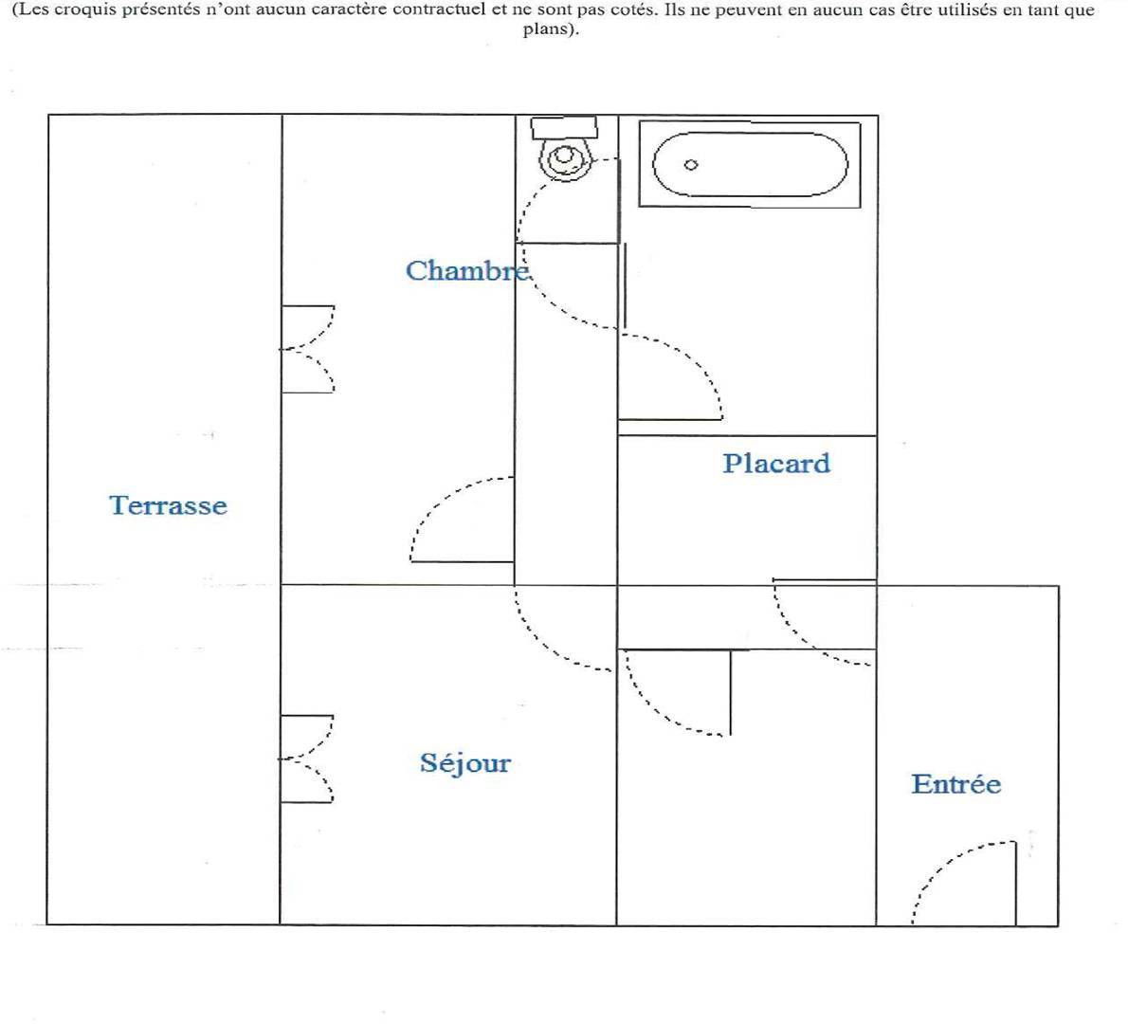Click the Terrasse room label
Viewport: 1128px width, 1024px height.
coord(169,505)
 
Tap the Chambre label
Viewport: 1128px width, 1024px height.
coord(468,270)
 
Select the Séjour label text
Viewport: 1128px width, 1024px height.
coord(465,762)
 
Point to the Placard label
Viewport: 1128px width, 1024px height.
coord(776,463)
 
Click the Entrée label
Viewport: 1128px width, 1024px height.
coord(956,784)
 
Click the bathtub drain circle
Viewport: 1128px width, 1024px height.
coord(691,165)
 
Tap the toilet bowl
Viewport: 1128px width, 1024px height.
coord(566,159)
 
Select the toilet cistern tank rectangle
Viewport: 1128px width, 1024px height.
coord(564,127)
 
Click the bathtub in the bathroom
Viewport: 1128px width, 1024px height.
coord(751,165)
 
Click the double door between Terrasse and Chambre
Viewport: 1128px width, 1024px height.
coord(308,349)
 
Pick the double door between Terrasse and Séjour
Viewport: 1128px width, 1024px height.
coord(307,759)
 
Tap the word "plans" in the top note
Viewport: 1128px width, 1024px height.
coord(548,29)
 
